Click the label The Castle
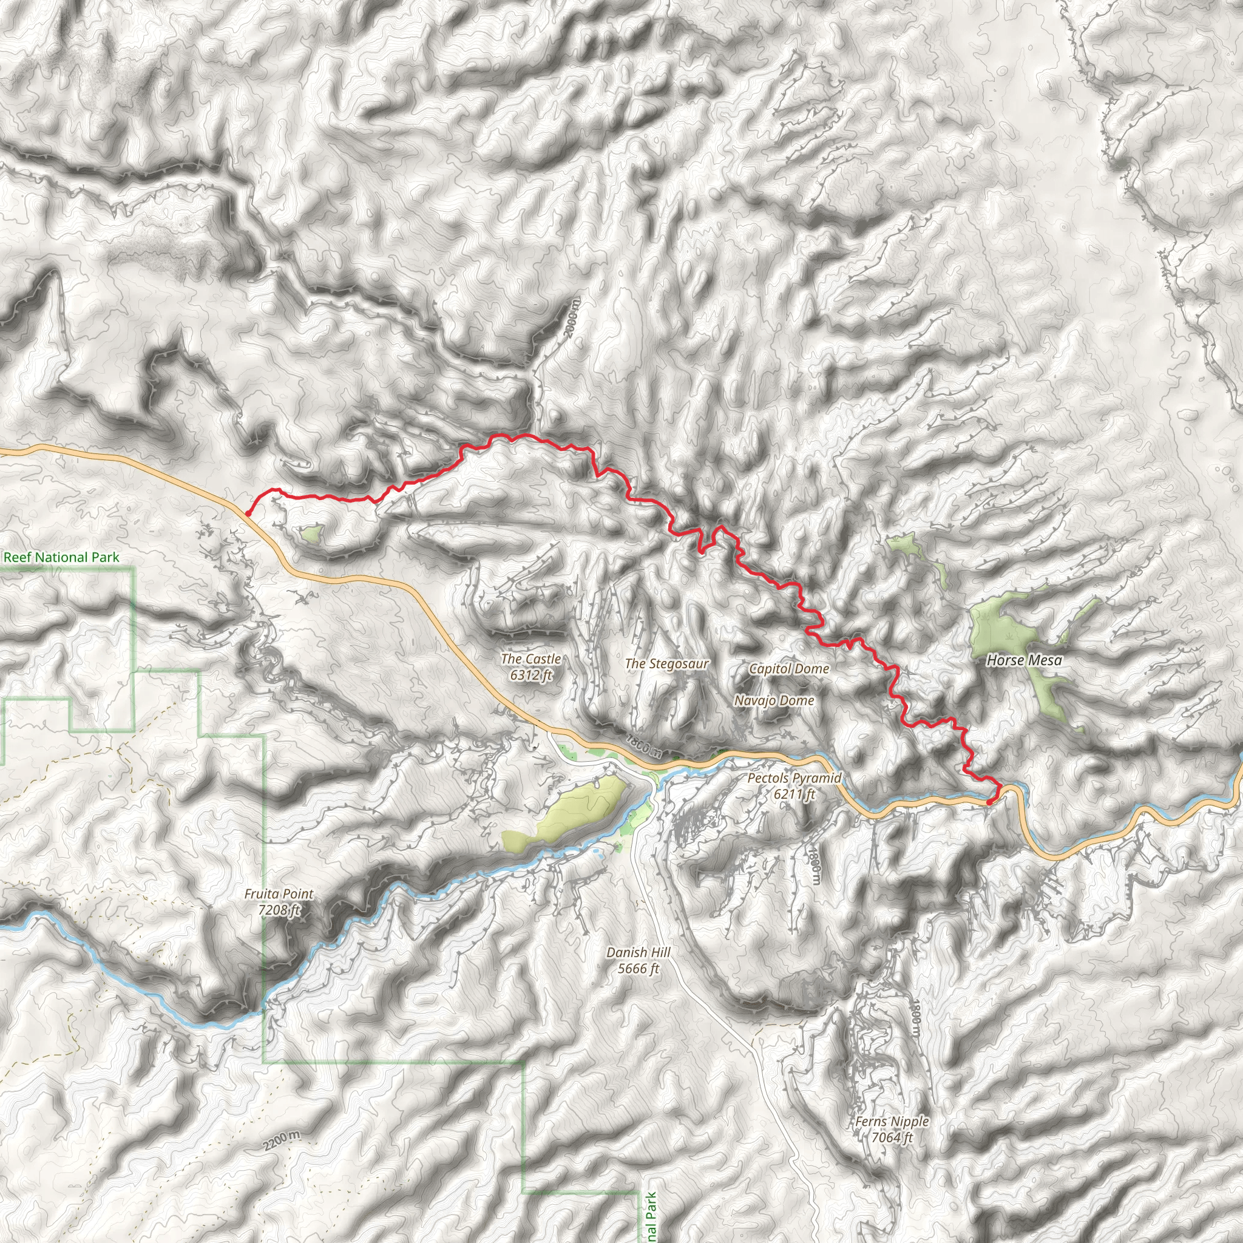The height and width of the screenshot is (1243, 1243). (531, 659)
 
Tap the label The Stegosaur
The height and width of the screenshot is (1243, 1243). (666, 663)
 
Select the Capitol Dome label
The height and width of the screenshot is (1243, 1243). (789, 668)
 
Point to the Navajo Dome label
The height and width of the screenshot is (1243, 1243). (774, 700)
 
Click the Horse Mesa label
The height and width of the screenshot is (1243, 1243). (1025, 660)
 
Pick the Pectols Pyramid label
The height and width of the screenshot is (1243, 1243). (794, 778)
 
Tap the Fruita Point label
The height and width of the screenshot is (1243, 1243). (279, 893)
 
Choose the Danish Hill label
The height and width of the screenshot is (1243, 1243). (638, 952)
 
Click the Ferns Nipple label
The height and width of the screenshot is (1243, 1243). (892, 1122)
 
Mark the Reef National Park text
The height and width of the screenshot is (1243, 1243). (61, 557)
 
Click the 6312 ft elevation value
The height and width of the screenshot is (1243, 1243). (531, 675)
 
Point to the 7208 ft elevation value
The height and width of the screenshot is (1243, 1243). (279, 910)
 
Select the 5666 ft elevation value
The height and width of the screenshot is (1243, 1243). (638, 968)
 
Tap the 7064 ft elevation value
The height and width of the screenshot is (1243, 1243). (892, 1137)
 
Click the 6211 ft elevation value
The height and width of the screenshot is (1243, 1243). (794, 794)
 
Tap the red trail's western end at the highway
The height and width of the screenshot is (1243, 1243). (247, 513)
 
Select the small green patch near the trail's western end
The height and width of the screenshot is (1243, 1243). (312, 533)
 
